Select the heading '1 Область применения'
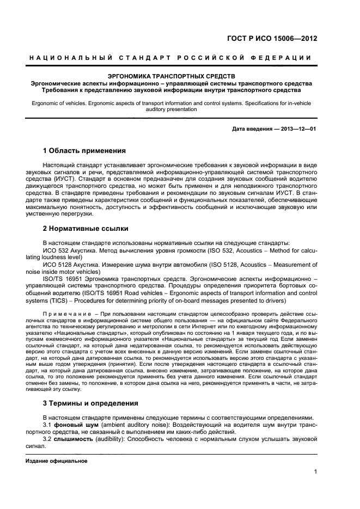tap(84, 150)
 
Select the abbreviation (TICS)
tap(60, 300)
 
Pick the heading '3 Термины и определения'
tap(90, 403)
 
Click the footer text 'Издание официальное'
tap(57, 461)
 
